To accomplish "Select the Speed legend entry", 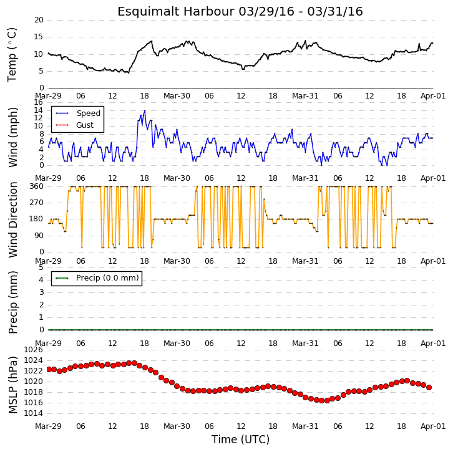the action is (x=89, y=113).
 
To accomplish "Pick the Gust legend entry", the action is (x=85, y=125).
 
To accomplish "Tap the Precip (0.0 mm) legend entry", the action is (x=107, y=278).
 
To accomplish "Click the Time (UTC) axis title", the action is (x=240, y=440).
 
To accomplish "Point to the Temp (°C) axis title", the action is (x=12, y=55).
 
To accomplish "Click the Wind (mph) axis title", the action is (x=12, y=137).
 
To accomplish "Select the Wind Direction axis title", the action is (x=12, y=219).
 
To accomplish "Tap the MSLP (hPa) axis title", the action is (x=12, y=385).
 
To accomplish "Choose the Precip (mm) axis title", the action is (x=12, y=302).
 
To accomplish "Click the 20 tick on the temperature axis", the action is (x=39, y=20).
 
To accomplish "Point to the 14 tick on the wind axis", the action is (x=38, y=110).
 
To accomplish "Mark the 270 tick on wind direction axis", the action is (x=36, y=203).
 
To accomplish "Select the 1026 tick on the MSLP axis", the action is (x=33, y=350).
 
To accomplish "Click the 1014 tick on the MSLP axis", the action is (x=33, y=413).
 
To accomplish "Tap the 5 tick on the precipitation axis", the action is (x=41, y=267).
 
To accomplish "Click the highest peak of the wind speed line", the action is (x=145, y=110).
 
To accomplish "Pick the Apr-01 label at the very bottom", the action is (x=433, y=426).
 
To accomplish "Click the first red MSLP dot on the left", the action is (x=49, y=370).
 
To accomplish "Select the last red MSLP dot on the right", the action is (x=429, y=387).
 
